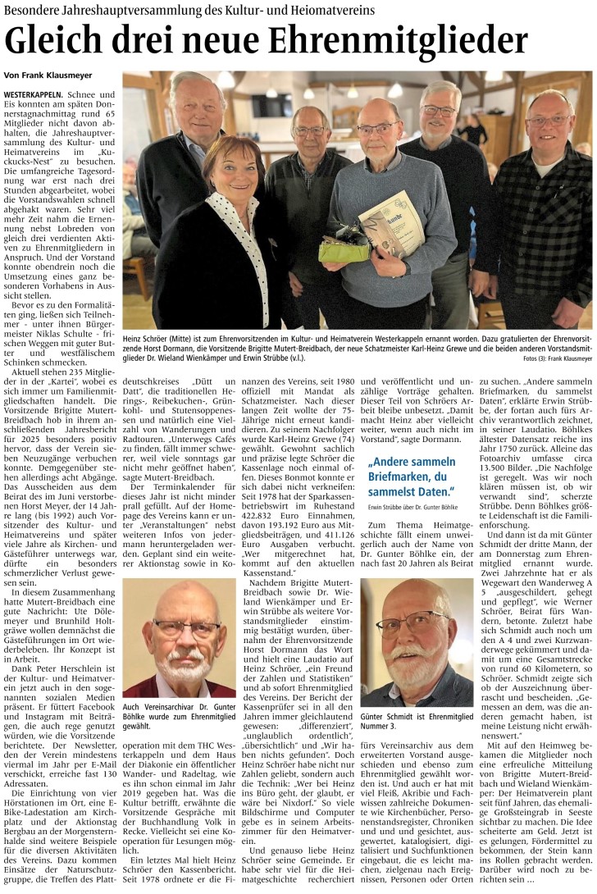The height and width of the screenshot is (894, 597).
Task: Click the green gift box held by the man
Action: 344,247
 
